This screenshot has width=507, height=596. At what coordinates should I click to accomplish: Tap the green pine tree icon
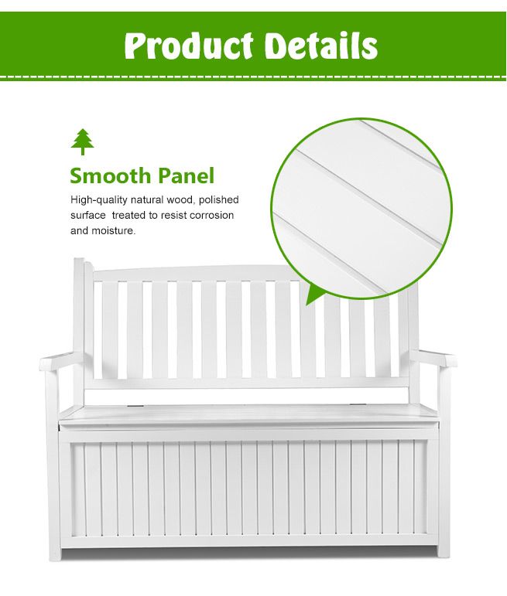pos(82,141)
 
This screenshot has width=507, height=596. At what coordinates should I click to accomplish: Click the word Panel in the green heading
pos(185,175)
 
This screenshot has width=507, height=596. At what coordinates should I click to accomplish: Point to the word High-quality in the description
pos(98,200)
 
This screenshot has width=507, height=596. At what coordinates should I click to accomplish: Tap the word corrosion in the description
pos(211,216)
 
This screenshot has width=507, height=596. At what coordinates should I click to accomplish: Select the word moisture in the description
pos(113,230)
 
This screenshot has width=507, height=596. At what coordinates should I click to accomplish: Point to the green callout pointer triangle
pos(316,295)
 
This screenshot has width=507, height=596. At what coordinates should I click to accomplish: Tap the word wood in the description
pos(182,200)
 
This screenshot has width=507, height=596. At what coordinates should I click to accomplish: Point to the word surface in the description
pos(87,216)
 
